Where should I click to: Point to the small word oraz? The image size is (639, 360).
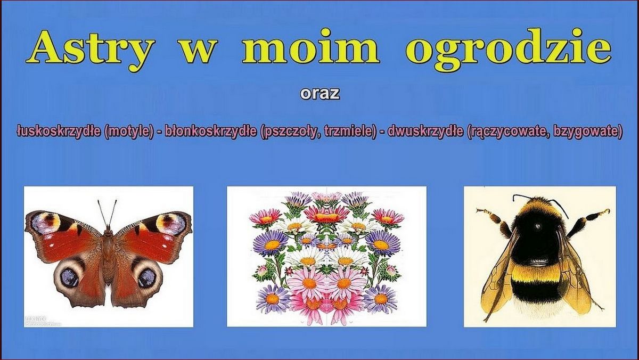(x=319, y=94)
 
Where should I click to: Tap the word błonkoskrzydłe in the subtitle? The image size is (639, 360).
(x=211, y=131)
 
